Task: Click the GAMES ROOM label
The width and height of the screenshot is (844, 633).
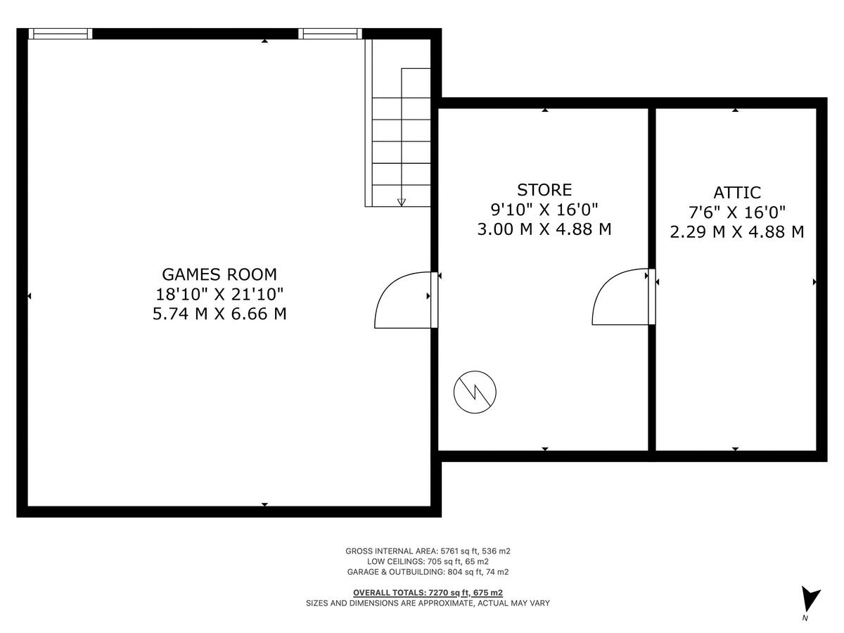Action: pos(219,274)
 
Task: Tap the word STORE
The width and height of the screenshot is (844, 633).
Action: pos(544,190)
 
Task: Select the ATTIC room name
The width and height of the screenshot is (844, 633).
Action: pos(736,193)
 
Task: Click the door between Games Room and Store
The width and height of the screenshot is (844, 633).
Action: pos(404,300)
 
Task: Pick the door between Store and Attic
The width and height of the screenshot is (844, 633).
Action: pos(622,297)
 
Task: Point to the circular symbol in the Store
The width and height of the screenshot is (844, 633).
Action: pos(475,391)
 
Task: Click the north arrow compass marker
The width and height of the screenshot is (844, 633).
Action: pos(810,600)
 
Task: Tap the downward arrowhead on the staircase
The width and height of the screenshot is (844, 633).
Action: pos(402,203)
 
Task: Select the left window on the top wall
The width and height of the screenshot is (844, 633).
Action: pos(60,34)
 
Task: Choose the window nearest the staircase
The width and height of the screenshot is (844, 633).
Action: pos(330,34)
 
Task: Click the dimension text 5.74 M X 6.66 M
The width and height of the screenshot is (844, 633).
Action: pos(219,314)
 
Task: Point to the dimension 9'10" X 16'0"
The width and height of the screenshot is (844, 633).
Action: pos(544,210)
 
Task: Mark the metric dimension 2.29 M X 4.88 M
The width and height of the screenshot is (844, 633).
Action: pos(736,232)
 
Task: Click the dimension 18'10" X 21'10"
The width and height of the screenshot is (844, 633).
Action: pos(219,294)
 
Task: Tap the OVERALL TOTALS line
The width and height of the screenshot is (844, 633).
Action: pos(428,592)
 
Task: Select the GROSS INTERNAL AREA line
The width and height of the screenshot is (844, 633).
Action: pos(428,551)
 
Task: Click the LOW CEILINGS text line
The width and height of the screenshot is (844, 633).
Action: pos(428,562)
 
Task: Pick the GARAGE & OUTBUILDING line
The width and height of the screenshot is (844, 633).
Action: pos(428,572)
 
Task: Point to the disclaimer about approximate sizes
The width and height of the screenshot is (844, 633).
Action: pos(428,603)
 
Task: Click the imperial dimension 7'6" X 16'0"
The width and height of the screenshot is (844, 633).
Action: pos(736,212)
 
